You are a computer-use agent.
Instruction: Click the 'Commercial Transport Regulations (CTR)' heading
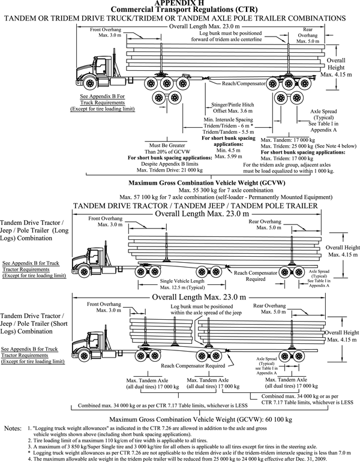point(180,10)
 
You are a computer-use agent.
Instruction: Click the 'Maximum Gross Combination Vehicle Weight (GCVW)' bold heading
point(181,182)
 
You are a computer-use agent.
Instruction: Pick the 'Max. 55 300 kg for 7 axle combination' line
point(181,190)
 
